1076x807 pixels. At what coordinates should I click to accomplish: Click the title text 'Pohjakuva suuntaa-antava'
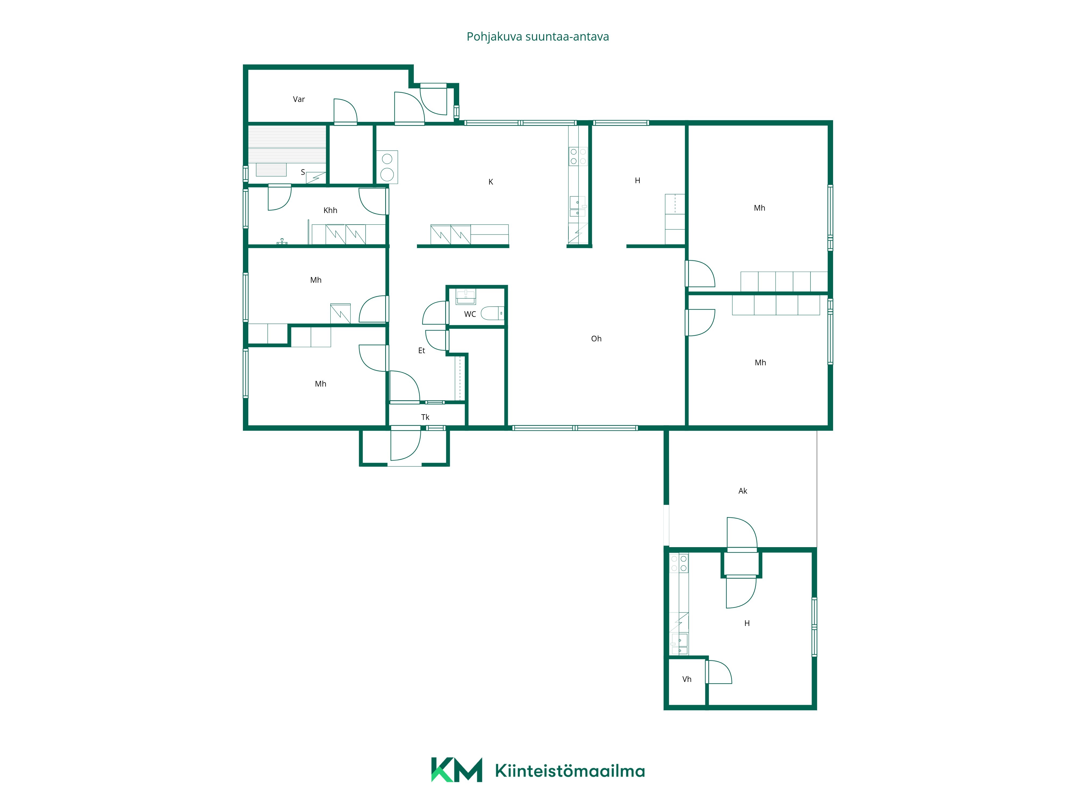[x=537, y=37]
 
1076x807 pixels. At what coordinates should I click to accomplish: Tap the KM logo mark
[x=456, y=770]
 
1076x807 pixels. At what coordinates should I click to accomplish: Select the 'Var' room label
[x=299, y=99]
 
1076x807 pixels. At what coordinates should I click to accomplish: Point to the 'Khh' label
[x=330, y=210]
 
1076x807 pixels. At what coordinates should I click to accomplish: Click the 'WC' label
[x=470, y=314]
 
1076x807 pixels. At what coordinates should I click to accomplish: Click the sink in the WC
[x=466, y=296]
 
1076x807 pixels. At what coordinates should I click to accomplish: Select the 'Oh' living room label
[x=596, y=339]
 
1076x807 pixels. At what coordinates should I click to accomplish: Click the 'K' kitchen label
[x=491, y=182]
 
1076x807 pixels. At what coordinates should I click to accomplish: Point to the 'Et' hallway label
[x=422, y=350]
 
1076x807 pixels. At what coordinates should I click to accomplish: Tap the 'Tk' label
[x=425, y=417]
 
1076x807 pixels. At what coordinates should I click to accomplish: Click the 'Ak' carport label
[x=743, y=491]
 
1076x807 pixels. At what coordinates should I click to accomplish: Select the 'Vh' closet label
[x=687, y=679]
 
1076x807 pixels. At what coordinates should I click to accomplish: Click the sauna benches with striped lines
[x=287, y=144]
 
